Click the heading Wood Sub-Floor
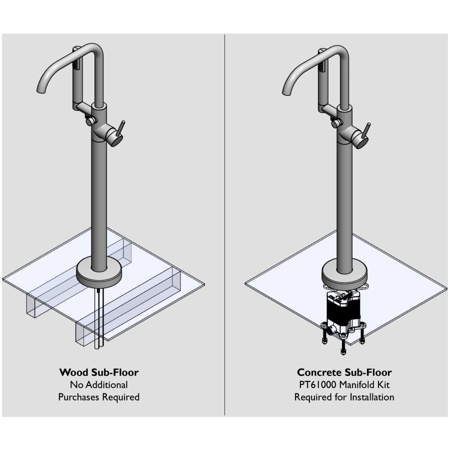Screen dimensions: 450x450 [x=98, y=372]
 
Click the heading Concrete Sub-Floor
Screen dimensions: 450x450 [x=344, y=372]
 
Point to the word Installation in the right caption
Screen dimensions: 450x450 [x=370, y=397]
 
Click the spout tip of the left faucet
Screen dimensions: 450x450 [x=39, y=90]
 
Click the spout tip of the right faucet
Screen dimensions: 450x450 [x=285, y=92]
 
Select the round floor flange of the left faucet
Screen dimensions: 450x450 [x=98, y=273]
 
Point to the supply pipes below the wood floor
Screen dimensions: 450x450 [x=98, y=315]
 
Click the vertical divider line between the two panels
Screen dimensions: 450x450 [x=224, y=225]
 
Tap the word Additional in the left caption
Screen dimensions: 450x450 [x=107, y=385]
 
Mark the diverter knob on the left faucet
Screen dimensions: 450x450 [x=90, y=121]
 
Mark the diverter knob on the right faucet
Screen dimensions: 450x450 [x=335, y=123]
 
